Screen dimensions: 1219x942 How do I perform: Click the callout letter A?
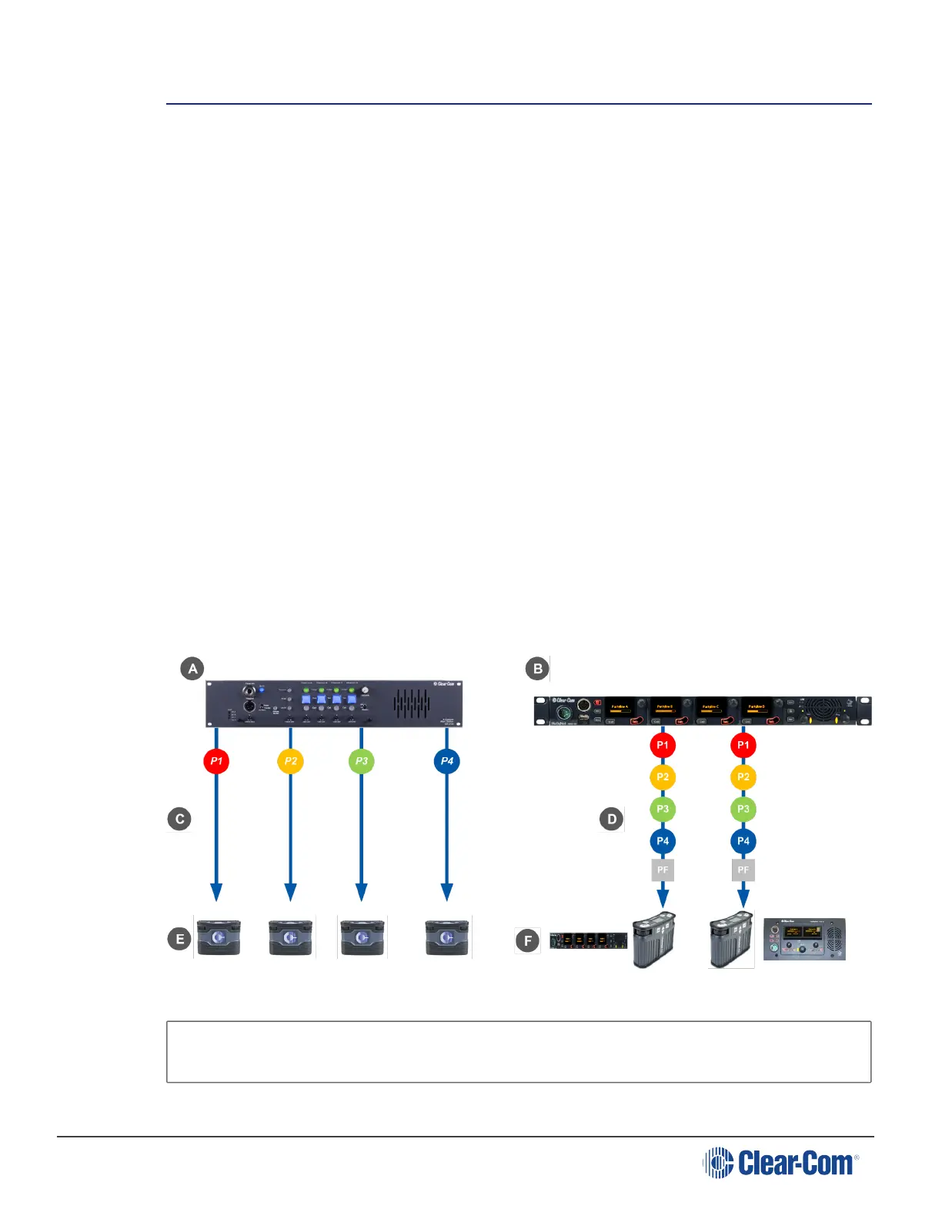(x=192, y=668)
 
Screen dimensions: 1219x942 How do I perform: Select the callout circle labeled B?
(x=537, y=669)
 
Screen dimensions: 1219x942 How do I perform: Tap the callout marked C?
(x=179, y=819)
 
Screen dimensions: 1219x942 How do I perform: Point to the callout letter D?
(x=611, y=819)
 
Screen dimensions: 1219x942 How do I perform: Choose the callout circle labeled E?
(x=179, y=939)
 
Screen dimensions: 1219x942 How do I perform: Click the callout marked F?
(x=527, y=940)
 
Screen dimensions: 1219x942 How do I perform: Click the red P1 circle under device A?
(x=216, y=761)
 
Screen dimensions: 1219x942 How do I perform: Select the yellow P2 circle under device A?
(x=290, y=761)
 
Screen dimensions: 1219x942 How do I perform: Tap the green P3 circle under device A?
(x=361, y=761)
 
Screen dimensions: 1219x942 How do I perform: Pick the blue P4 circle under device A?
(x=446, y=761)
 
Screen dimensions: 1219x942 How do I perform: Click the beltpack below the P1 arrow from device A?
(x=219, y=937)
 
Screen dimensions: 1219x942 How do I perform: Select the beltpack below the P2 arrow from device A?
(x=290, y=937)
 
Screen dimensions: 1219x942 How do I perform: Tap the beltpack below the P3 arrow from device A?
(x=362, y=937)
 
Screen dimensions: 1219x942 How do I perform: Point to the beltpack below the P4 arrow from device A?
(x=447, y=937)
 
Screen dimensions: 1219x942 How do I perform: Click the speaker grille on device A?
(x=412, y=703)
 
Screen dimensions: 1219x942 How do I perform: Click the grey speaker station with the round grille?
(x=804, y=939)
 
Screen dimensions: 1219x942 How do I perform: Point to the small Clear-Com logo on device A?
(x=444, y=683)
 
